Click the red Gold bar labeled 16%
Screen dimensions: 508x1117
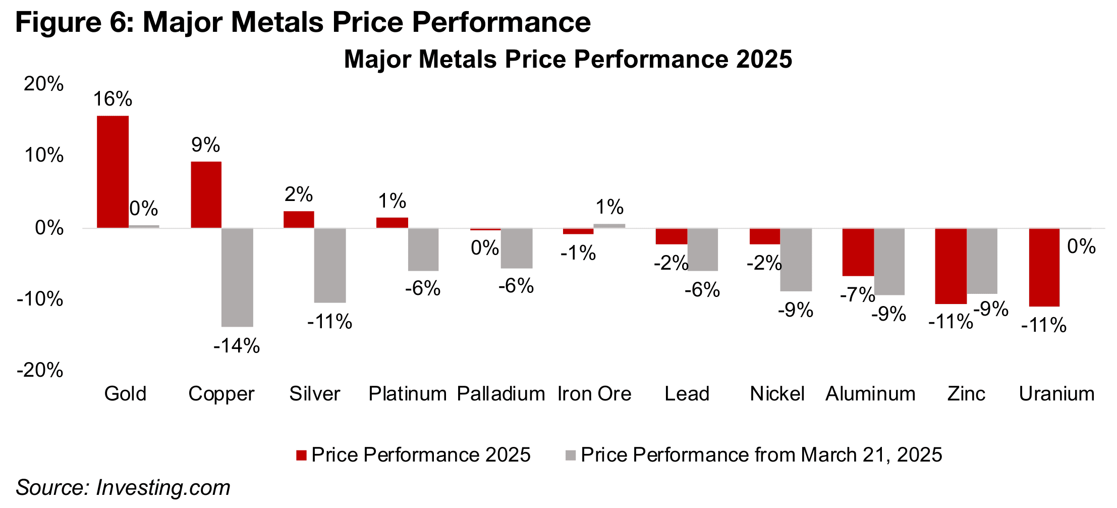[113, 172]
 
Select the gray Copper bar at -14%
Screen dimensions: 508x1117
[237, 277]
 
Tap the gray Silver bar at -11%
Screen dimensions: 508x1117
[330, 266]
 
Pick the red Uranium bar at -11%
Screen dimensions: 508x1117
[1044, 267]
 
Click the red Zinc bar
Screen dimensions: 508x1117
[951, 266]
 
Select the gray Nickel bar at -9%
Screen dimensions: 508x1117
[796, 260]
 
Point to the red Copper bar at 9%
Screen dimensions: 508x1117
[206, 195]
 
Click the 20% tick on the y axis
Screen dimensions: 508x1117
[43, 84]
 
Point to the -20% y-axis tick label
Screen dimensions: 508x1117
[40, 370]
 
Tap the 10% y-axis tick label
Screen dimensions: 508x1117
[43, 156]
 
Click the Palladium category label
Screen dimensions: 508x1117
[501, 394]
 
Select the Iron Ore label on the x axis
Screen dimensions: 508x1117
[594, 394]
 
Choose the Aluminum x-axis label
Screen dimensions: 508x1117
[870, 394]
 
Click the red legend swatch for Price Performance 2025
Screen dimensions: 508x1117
[301, 455]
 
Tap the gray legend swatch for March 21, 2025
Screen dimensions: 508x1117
[571, 455]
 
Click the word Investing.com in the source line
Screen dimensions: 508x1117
[163, 488]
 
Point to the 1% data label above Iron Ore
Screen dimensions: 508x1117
[609, 207]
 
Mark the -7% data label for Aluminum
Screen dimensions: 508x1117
[857, 294]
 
